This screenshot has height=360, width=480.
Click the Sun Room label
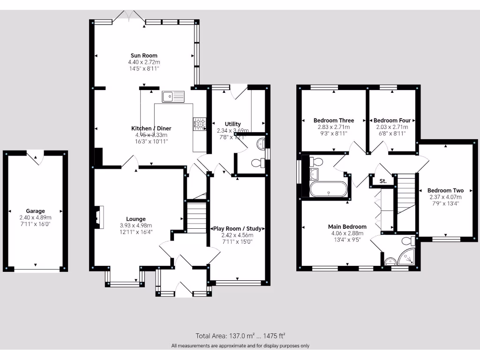coord(144,55)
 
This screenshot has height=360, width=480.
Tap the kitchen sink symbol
coord(174,97)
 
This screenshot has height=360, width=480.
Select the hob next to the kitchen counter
coord(199,124)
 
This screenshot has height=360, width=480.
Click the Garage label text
coord(35,211)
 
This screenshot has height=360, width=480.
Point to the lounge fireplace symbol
coord(98,217)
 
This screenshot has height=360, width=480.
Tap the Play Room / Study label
coord(237,229)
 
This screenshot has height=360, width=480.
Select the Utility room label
coord(232,124)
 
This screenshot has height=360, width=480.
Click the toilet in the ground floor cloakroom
coord(258,163)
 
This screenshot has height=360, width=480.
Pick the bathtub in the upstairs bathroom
coord(329,190)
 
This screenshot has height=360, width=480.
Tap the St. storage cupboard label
coord(382,180)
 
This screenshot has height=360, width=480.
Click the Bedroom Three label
coord(334,120)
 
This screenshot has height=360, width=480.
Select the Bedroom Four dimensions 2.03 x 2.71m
coord(392,127)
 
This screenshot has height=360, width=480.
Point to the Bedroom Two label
coord(445,190)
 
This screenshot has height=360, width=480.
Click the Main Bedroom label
coord(347,226)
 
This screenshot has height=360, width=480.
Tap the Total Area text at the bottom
coord(240,336)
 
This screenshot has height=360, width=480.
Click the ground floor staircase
coord(196,217)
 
